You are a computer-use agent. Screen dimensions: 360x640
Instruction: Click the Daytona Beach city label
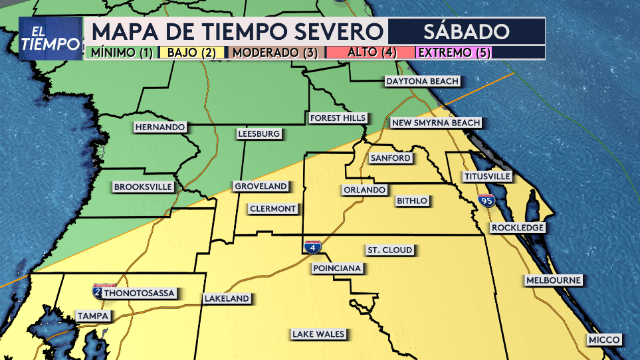pos(423,81)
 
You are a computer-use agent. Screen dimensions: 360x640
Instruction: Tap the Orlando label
pos(364,190)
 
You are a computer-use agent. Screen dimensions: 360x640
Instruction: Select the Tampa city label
pos(92,315)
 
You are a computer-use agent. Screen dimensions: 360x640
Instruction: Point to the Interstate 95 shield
pos(488,199)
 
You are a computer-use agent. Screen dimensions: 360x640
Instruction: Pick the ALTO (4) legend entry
pos(370,52)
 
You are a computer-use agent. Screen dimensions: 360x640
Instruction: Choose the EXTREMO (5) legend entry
pos(453,52)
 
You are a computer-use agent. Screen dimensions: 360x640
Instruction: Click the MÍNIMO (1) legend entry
pos(122,52)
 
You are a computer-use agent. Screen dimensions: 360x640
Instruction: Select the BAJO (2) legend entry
pos(191,52)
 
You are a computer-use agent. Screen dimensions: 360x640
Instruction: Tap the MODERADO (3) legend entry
pos(274,52)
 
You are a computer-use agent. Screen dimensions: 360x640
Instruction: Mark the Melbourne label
pos(554,280)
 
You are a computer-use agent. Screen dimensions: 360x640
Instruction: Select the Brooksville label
pos(144,187)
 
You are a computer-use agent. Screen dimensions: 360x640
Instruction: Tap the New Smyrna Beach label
pos(435,123)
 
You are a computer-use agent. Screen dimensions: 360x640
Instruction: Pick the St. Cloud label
pos(390,250)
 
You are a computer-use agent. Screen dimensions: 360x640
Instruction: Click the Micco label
pos(604,340)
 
